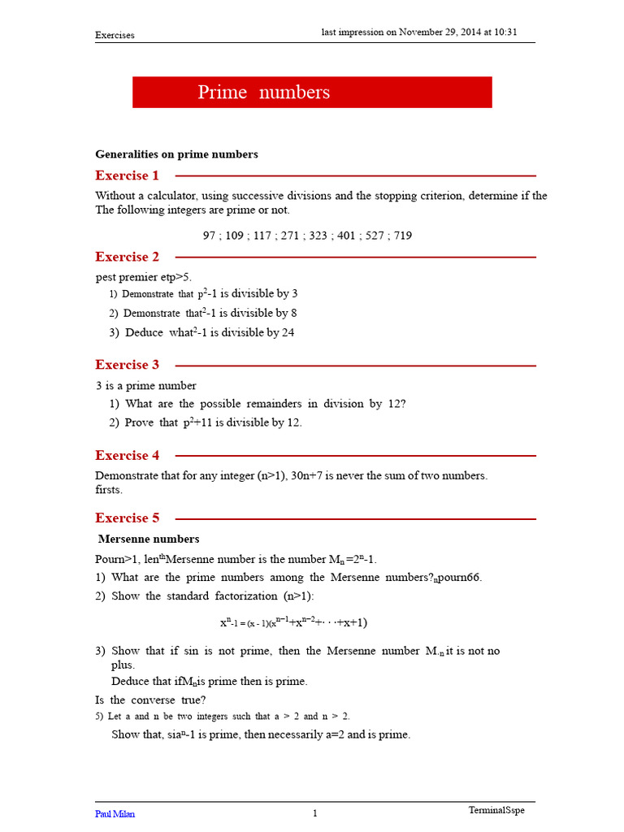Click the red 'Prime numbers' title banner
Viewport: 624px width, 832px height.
312,92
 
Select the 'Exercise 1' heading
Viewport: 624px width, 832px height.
127,175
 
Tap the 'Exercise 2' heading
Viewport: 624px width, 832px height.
127,257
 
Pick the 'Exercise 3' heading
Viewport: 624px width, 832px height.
127,365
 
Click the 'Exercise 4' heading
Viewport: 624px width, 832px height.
127,456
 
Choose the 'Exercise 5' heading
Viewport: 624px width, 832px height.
127,518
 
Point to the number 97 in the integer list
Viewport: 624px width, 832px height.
210,236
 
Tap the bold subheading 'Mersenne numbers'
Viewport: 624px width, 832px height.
149,539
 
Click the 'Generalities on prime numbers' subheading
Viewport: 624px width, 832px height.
176,154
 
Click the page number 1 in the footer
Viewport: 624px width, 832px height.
315,813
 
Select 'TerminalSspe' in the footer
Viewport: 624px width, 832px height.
502,810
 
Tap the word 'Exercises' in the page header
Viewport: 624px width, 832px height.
115,35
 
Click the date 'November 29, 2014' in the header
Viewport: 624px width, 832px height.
438,32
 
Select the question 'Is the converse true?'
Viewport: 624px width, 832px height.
150,700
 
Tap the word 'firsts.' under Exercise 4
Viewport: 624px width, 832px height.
110,490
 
